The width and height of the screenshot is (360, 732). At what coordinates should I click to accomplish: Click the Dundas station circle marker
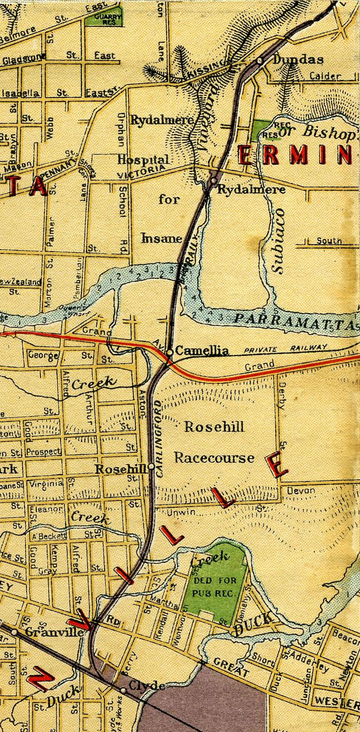point(259,61)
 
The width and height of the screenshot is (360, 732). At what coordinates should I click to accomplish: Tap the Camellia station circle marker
point(169,352)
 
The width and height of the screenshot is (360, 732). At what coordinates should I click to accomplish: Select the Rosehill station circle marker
point(152,467)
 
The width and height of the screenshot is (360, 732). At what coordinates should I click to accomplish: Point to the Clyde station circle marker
point(124,691)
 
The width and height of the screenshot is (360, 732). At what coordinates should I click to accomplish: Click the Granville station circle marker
point(15,632)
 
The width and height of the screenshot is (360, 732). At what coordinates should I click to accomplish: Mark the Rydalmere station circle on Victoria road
point(213,181)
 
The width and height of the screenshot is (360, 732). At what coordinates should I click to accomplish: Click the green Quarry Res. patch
point(103,19)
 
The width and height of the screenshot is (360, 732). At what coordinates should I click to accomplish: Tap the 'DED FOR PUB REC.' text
point(214,587)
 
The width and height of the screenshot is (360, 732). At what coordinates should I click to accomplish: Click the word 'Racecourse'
point(214,457)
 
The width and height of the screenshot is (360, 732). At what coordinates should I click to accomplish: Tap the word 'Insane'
point(162,238)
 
